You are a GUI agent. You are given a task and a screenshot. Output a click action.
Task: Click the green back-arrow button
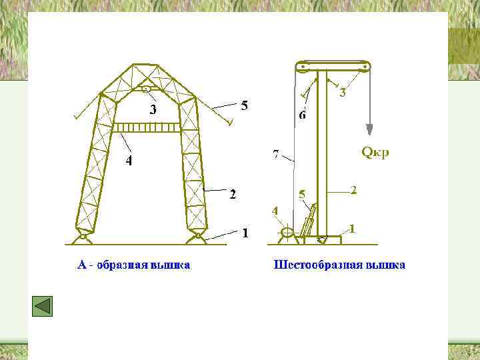(42, 306)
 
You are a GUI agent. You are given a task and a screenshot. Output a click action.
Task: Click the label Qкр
(375, 153)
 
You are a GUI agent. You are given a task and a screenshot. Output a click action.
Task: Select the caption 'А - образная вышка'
(134, 265)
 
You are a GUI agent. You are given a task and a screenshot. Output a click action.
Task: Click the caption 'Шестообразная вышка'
(339, 265)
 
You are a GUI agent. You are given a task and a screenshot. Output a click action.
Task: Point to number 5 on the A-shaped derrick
(244, 105)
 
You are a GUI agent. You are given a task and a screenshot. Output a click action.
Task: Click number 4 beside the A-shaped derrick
(129, 161)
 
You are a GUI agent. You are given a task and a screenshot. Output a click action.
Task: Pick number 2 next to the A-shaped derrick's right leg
(233, 195)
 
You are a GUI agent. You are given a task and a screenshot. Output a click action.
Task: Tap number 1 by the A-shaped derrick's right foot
(245, 233)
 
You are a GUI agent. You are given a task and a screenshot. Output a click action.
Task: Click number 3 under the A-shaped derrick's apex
(153, 110)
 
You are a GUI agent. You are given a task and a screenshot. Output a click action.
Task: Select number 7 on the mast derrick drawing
(276, 155)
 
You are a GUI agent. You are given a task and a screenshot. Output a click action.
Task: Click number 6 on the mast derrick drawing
(302, 115)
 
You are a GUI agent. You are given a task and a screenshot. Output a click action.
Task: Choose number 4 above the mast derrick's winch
(275, 211)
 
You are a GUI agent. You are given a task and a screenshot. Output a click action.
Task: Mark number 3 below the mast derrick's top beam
(343, 93)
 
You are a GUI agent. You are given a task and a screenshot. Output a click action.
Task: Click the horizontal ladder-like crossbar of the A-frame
(147, 127)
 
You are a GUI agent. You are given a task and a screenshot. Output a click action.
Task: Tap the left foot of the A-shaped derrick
(83, 235)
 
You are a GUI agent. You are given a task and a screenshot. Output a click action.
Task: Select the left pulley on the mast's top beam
(302, 67)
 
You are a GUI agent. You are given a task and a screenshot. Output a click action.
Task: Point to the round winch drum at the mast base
(287, 233)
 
